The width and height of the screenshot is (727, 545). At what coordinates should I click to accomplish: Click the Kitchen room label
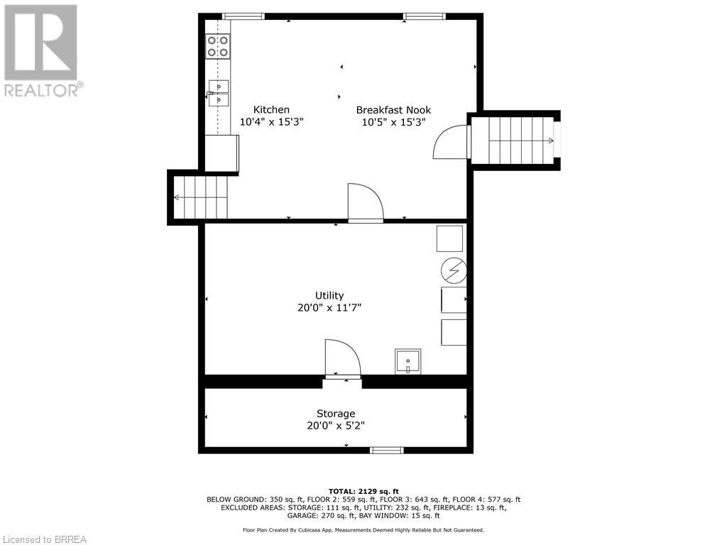click(271, 109)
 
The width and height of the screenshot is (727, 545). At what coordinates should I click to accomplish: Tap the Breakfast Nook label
click(393, 109)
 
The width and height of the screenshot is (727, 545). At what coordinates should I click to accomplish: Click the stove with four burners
click(218, 47)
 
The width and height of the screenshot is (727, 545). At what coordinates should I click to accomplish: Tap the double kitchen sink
click(219, 93)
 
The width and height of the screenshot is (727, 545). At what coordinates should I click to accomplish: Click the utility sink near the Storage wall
click(408, 361)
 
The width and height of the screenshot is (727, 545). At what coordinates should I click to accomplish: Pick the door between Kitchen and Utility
click(365, 204)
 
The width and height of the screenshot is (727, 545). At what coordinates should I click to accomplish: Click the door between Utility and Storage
click(342, 358)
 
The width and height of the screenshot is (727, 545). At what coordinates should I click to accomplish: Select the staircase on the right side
click(515, 141)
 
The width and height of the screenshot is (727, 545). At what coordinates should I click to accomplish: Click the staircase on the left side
click(201, 197)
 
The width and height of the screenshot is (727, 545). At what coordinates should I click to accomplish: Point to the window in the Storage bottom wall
click(387, 450)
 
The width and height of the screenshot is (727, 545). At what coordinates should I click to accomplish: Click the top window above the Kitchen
click(243, 16)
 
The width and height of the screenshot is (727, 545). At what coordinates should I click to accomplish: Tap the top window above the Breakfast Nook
click(425, 16)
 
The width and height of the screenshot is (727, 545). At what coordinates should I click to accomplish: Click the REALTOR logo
click(42, 50)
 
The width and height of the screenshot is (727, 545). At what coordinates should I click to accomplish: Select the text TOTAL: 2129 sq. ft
click(363, 491)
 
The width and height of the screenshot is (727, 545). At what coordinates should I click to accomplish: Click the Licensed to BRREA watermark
click(44, 539)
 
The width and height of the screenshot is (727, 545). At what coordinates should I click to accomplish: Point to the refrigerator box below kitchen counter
click(222, 153)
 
